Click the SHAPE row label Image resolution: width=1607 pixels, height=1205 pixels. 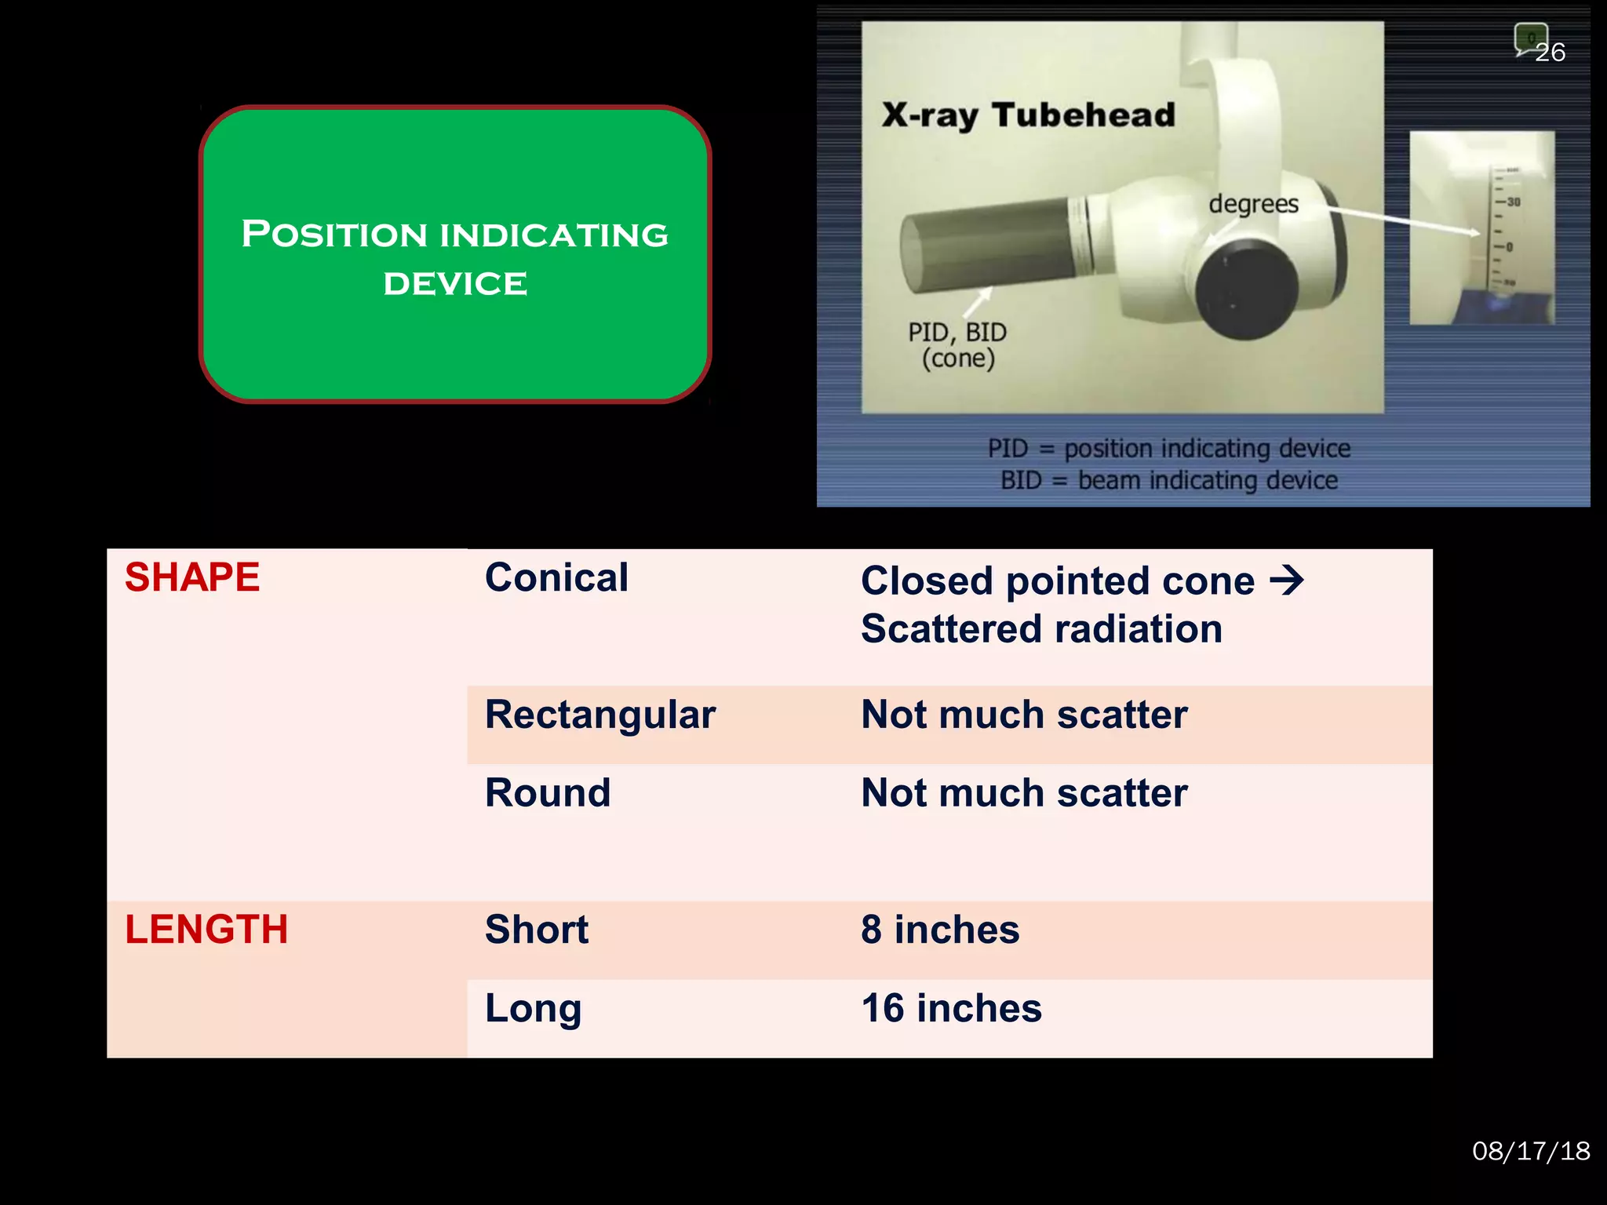tap(192, 578)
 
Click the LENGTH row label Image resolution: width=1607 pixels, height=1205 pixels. tap(206, 930)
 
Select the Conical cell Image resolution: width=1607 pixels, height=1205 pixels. tap(556, 578)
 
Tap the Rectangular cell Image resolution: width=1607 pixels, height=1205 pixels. tap(600, 715)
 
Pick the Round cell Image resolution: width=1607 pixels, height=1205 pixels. tap(548, 793)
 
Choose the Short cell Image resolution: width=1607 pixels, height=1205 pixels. tap(537, 930)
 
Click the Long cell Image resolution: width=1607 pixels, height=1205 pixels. tap(534, 1009)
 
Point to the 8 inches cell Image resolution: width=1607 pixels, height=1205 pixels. tap(940, 930)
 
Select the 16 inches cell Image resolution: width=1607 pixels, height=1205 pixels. tap(951, 1009)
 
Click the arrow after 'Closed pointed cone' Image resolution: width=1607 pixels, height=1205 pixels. tap(1286, 581)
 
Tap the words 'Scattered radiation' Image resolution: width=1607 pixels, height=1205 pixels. tap(1041, 629)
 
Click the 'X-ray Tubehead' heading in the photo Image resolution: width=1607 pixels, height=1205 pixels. tap(1028, 115)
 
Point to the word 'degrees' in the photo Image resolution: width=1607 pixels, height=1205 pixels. tap(1253, 204)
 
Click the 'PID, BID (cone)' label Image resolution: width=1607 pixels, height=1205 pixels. tap(957, 345)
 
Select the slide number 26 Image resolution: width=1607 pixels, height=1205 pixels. tap(1550, 53)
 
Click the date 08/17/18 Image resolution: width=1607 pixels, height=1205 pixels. tap(1531, 1151)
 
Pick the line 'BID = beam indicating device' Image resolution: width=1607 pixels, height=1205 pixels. tap(1168, 480)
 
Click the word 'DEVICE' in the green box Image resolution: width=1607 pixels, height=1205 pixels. tap(455, 284)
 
